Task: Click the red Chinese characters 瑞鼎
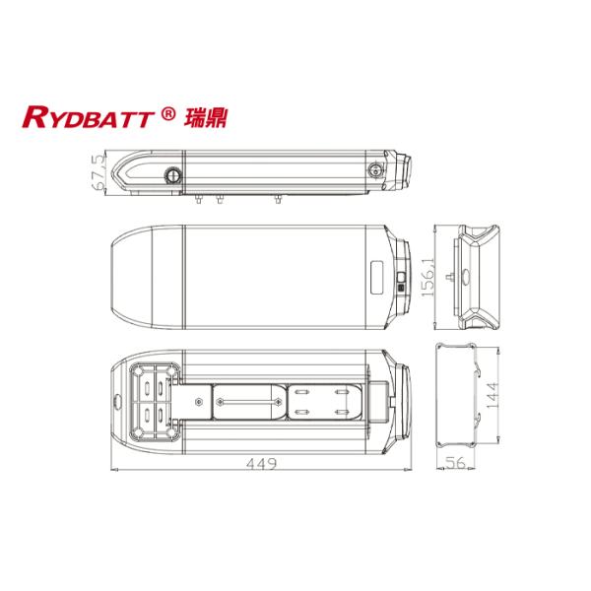pyautogui.click(x=200, y=118)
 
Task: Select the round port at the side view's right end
pyautogui.click(x=374, y=170)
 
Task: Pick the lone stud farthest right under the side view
pyautogui.click(x=277, y=199)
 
